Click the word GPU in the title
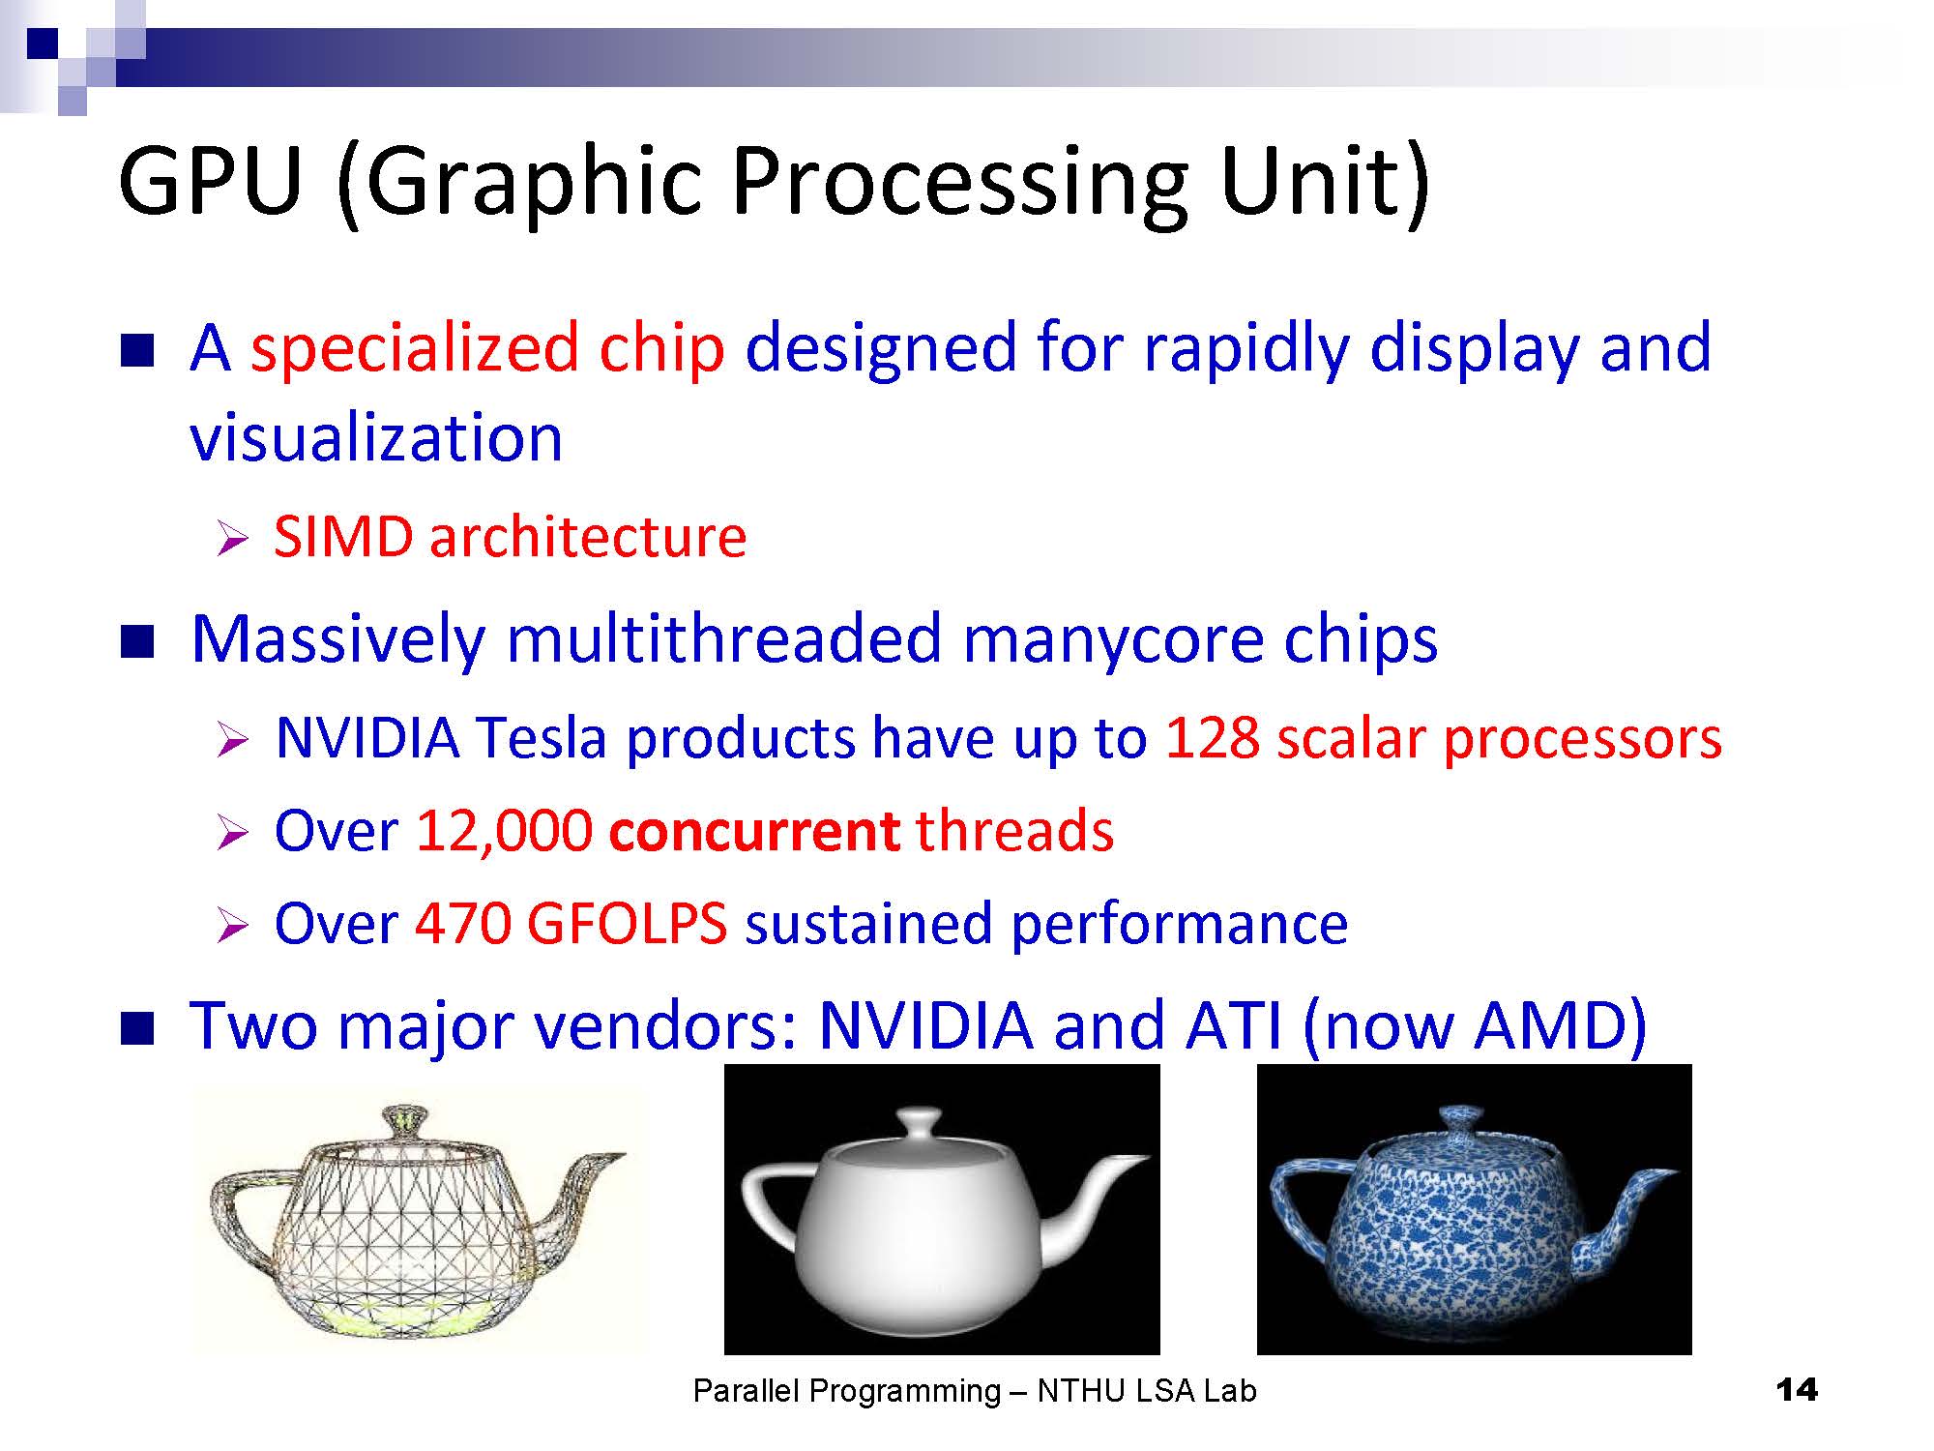pyautogui.click(x=210, y=181)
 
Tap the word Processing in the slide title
pyautogui.click(x=958, y=185)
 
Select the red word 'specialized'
pyautogui.click(x=415, y=349)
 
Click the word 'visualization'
pyautogui.click(x=376, y=436)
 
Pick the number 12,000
pyautogui.click(x=504, y=831)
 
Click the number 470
pyautogui.click(x=462, y=923)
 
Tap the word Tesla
pyautogui.click(x=542, y=738)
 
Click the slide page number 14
pyautogui.click(x=1797, y=1390)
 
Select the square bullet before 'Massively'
pyautogui.click(x=137, y=641)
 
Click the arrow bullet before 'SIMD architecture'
pyautogui.click(x=233, y=538)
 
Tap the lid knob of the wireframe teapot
pyautogui.click(x=403, y=1123)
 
